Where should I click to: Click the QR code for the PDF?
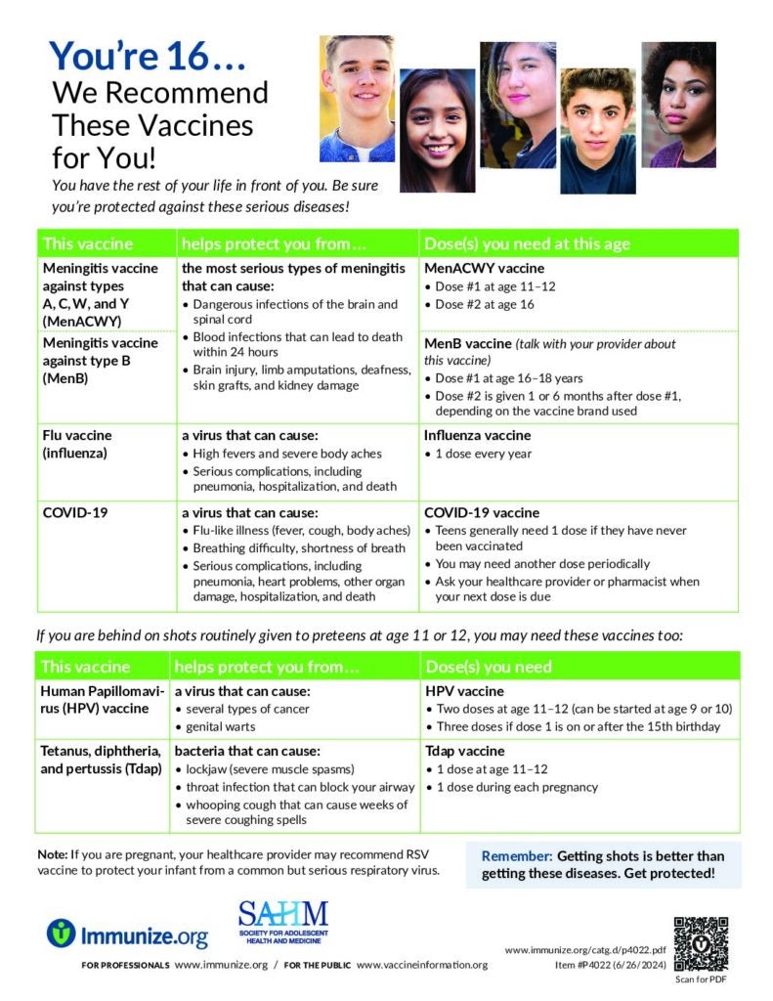[x=701, y=943]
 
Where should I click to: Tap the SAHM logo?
[x=283, y=925]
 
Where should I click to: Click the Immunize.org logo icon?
[x=61, y=934]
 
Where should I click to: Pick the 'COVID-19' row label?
[x=74, y=512]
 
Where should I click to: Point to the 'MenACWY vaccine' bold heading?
[x=484, y=268]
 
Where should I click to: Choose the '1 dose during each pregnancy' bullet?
[x=517, y=787]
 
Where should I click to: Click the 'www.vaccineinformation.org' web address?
[x=422, y=965]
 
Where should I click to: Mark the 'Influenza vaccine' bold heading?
[x=477, y=435]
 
